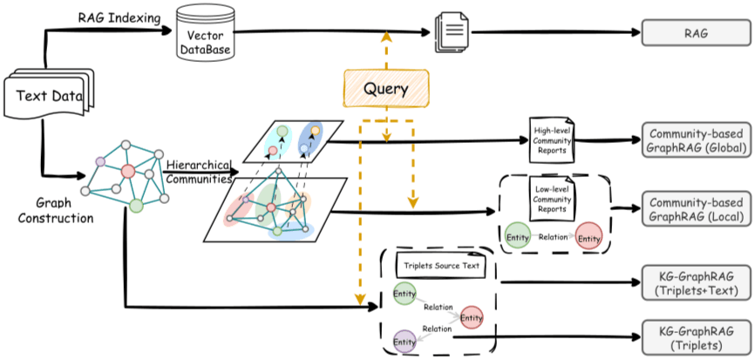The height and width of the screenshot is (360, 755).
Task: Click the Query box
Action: pos(385,88)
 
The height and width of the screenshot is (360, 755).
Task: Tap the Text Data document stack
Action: pos(48,94)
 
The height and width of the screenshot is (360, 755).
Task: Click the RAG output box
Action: pos(697,33)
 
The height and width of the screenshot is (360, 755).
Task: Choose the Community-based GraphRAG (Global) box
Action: pos(697,140)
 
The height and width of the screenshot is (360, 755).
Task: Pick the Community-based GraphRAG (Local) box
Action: pos(697,208)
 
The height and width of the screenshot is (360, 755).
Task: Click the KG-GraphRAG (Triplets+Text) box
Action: pos(697,283)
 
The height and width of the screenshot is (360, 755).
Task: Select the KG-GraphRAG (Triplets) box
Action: pos(697,337)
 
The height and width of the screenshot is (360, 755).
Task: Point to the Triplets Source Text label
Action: pos(441,265)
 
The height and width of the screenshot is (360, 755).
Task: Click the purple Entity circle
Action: pos(405,342)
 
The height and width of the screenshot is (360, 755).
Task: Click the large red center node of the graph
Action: pos(127,171)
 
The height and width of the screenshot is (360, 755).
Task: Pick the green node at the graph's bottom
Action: pos(137,206)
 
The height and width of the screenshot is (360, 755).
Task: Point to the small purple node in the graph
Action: pos(100,162)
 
